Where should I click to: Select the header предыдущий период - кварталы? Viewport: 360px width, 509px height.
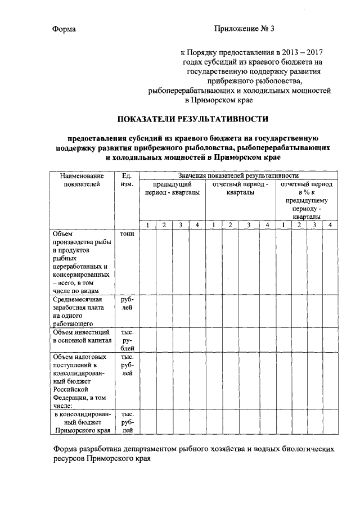[172, 188]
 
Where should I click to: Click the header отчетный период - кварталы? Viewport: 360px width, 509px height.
[240, 188]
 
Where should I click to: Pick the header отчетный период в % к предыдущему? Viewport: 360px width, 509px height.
[307, 200]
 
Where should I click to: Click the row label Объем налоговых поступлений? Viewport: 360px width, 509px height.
[78, 381]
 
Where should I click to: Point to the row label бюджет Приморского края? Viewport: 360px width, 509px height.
[81, 423]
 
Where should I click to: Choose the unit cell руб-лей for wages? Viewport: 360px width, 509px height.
[127, 304]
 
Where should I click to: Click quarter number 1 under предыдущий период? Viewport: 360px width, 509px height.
[147, 226]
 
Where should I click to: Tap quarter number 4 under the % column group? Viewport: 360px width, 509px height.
[330, 226]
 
